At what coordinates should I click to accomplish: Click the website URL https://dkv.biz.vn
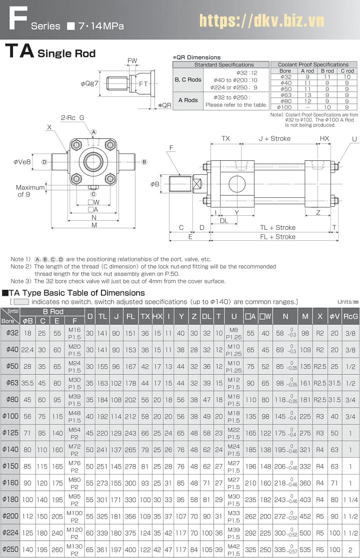[262, 20]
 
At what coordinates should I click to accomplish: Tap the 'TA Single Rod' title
[50, 52]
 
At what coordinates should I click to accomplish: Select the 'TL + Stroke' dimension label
[277, 227]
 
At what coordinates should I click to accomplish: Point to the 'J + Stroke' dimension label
[274, 138]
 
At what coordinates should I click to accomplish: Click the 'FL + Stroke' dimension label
[277, 237]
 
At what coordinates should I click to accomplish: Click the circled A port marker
[93, 132]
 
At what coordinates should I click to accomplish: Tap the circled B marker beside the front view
[144, 162]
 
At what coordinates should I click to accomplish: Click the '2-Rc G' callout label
[72, 117]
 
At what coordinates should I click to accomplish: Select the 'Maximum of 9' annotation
[30, 191]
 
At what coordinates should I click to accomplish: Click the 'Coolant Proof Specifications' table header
[313, 64]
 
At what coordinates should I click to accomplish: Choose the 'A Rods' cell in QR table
[188, 100]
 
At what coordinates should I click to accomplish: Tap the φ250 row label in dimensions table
[11, 550]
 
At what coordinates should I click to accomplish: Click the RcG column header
[350, 316]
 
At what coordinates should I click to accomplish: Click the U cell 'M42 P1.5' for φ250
[234, 550]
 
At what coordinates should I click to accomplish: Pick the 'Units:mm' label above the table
[348, 302]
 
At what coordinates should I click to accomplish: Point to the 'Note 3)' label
[21, 281]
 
